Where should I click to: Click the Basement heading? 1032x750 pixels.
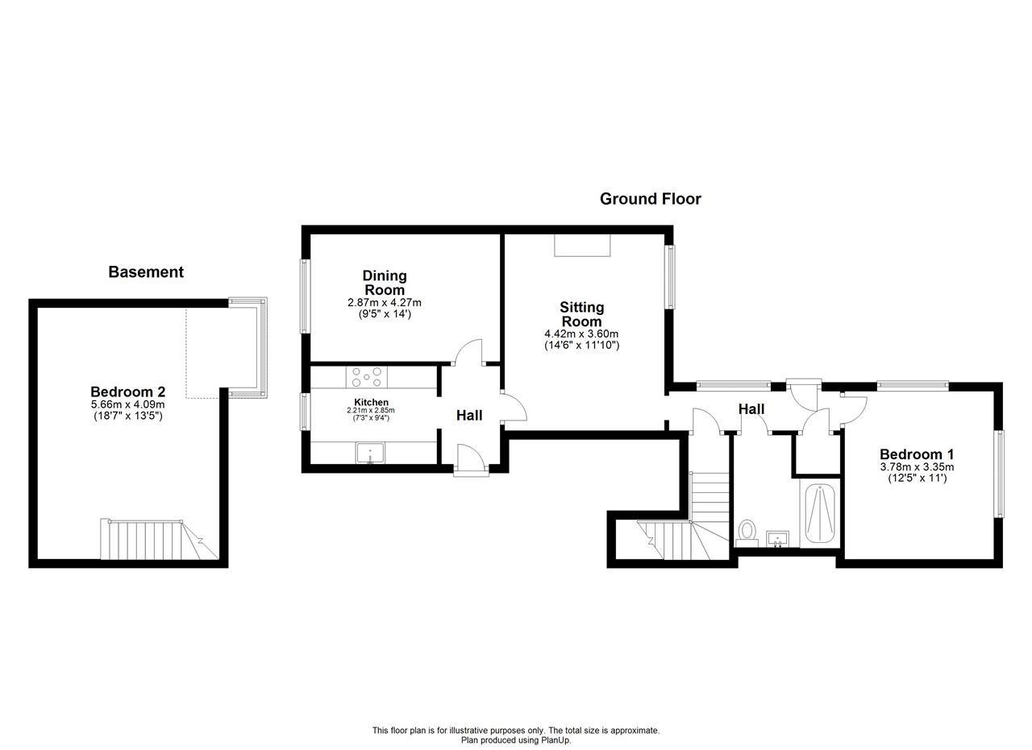146,272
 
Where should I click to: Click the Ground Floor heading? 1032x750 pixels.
650,199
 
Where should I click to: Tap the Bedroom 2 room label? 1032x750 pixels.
127,392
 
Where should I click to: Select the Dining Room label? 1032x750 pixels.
385,283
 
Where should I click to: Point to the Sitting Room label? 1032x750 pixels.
581,314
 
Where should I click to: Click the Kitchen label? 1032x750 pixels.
371,403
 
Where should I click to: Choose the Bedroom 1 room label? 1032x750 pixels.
917,454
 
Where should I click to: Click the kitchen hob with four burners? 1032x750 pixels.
366,377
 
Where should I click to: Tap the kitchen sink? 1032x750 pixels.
370,453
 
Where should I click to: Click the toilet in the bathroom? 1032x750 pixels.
747,532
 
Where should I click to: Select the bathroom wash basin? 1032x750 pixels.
777,539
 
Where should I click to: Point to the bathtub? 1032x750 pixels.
820,513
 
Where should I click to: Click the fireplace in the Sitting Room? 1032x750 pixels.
582,245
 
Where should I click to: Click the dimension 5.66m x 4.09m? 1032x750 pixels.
127,404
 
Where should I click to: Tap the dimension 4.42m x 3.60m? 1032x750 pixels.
581,334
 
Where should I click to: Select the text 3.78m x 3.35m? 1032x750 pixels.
917,467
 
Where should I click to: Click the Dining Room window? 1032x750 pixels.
305,296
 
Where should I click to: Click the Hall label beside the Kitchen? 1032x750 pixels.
469,416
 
